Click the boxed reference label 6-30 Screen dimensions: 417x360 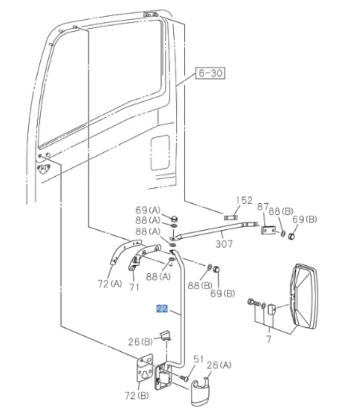click(209, 73)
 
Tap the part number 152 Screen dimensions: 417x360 click(244, 200)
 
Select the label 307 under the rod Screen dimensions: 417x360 click(224, 244)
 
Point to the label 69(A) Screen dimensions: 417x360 click(148, 211)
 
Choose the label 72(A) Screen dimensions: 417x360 click(109, 284)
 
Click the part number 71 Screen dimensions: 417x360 click(134, 286)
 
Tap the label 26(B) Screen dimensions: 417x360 click(140, 341)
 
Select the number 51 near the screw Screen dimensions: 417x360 click(198, 359)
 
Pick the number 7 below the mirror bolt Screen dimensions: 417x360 click(269, 338)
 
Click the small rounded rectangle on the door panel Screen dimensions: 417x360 click(159, 153)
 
